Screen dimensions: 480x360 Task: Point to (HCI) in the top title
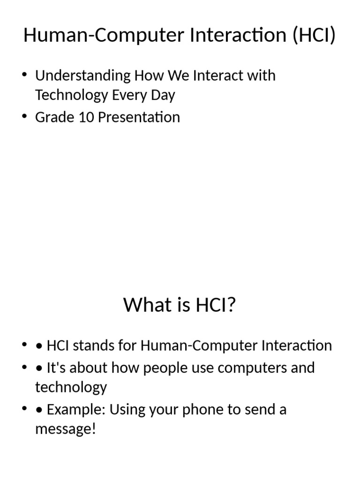tap(314, 36)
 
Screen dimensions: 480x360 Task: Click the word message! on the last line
tap(65, 429)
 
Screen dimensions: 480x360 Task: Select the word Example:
tap(76, 410)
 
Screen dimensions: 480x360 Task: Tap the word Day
tap(163, 95)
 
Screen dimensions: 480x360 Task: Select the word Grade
tap(53, 117)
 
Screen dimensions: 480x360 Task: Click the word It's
tap(56, 367)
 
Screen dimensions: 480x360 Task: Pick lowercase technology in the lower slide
tap(71, 387)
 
